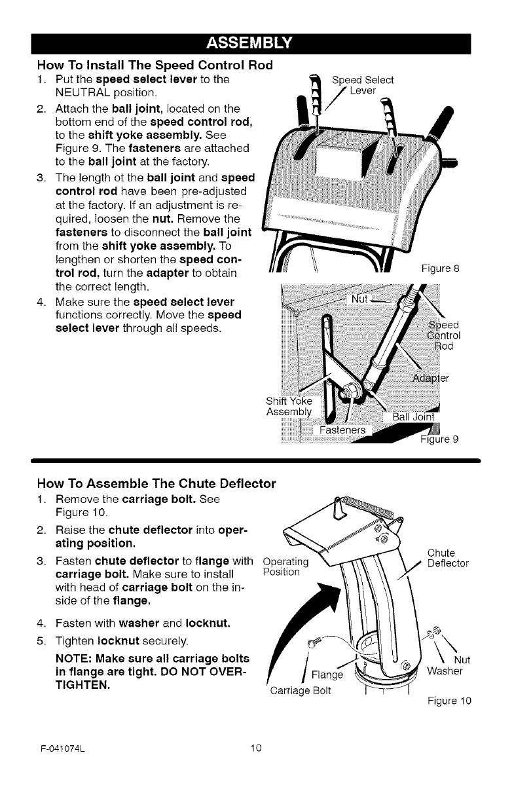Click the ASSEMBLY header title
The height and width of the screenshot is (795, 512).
click(255, 44)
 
